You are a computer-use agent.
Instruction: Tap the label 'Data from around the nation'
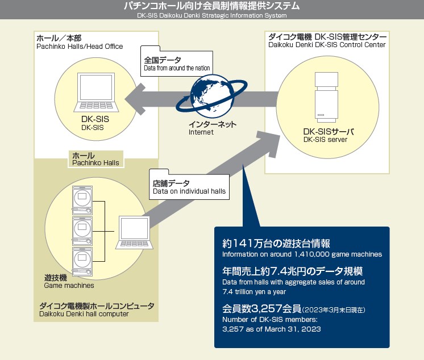pos(177,68)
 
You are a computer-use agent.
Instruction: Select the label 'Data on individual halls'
pos(189,192)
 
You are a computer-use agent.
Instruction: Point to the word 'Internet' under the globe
pos(201,132)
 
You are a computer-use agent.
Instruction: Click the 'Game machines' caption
pos(69,286)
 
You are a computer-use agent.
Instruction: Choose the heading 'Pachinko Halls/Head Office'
pos(79,47)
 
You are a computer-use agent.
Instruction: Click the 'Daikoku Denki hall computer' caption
pos(84,314)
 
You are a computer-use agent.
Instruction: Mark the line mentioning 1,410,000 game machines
pos(302,254)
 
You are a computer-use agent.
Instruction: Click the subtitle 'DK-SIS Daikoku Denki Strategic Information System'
pos(211,15)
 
